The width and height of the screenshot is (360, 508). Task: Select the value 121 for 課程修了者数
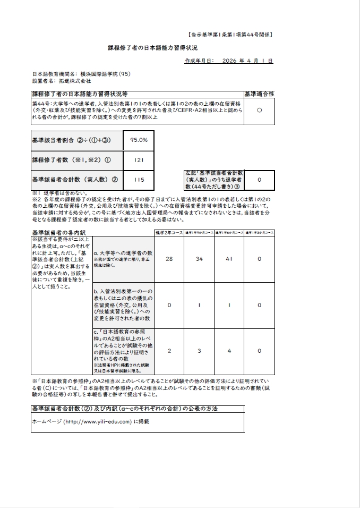click(139, 159)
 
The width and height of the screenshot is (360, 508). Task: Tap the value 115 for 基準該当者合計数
click(139, 180)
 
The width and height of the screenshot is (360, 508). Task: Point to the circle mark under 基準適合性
click(259, 110)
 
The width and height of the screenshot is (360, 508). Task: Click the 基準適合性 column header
click(259, 93)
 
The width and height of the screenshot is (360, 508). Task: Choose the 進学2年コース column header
click(169, 233)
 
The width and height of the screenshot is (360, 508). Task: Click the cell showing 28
click(169, 259)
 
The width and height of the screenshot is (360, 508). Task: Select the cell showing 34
click(199, 259)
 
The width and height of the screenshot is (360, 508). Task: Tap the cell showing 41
click(229, 259)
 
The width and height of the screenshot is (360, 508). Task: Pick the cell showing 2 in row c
click(169, 351)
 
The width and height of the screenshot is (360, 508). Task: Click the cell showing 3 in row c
click(199, 351)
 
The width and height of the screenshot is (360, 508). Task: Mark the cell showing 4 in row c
click(229, 351)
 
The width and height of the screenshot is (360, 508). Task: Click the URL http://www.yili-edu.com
click(97, 421)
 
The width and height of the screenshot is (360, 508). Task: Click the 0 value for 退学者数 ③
click(259, 180)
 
